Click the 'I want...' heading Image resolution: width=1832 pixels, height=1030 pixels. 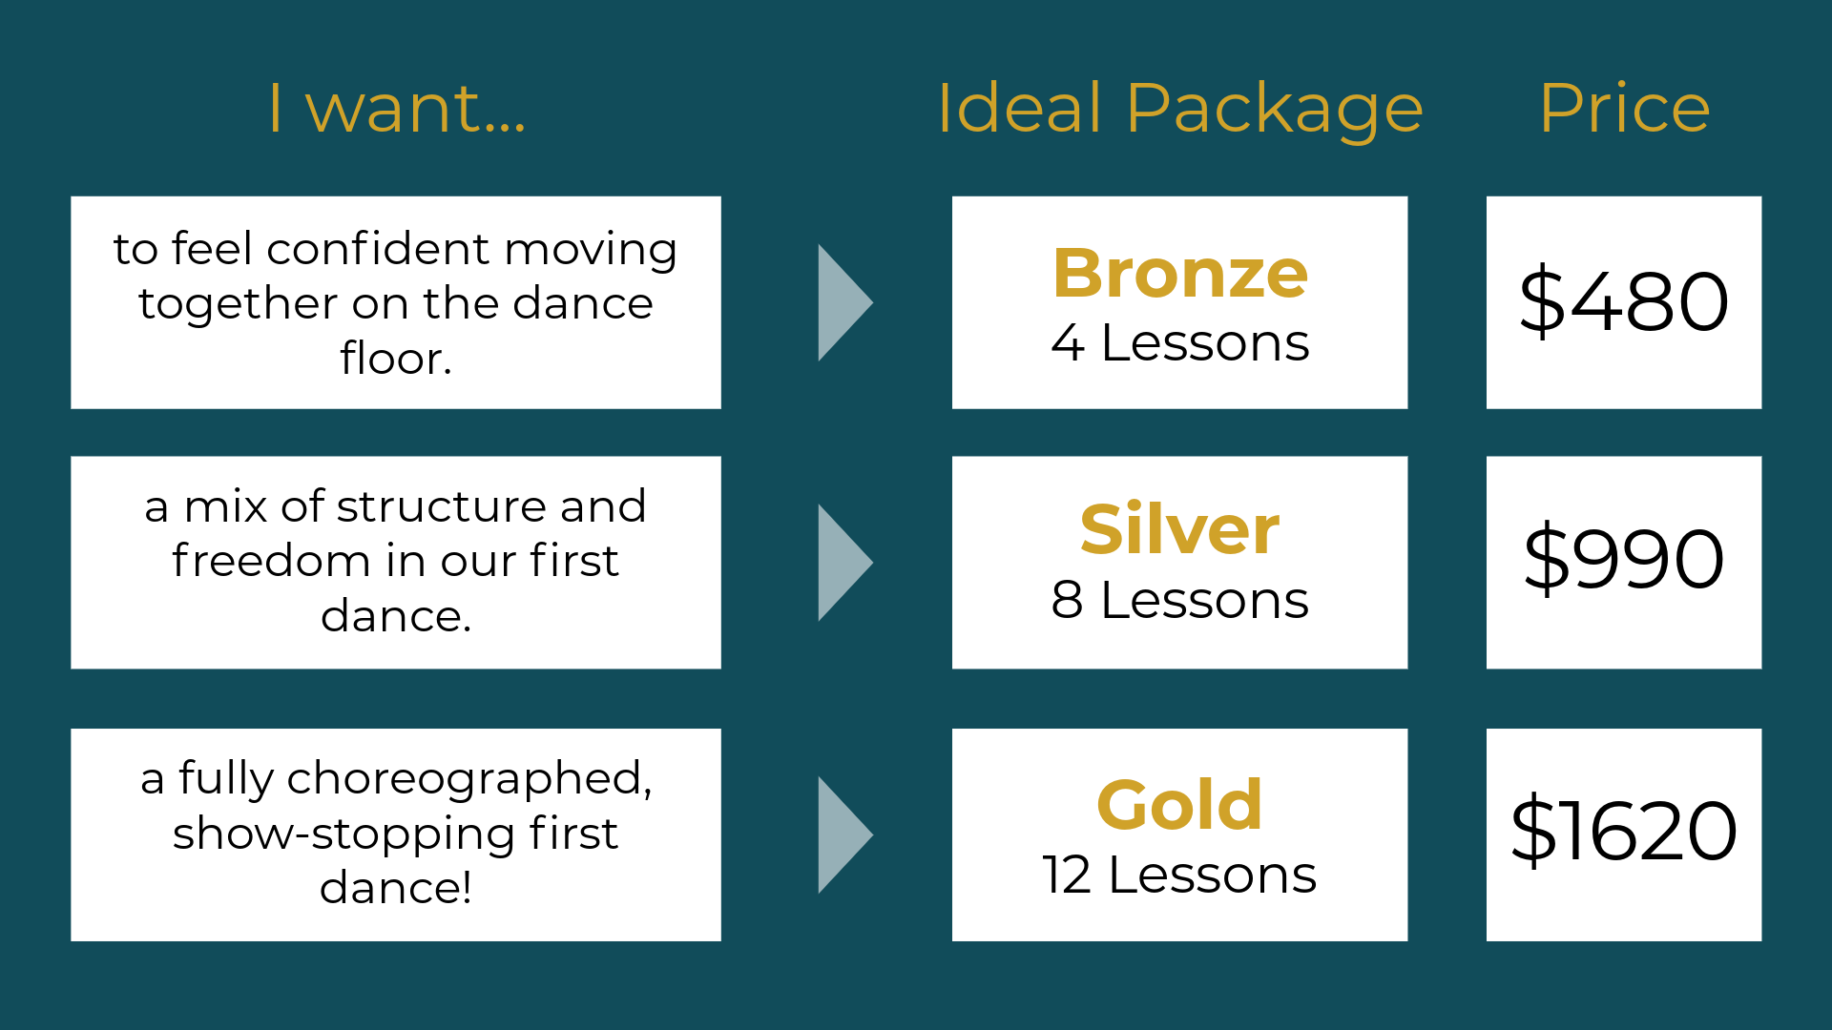(396, 108)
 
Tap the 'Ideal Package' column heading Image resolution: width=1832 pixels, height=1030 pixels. (1179, 108)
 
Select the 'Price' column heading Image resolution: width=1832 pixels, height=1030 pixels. (1624, 108)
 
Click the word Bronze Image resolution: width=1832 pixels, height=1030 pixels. (1179, 274)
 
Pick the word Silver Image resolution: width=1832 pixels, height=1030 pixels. (1179, 529)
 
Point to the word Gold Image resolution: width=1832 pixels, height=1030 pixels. (1179, 805)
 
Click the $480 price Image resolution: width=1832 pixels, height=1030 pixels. (1623, 302)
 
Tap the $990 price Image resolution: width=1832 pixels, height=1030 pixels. (1623, 560)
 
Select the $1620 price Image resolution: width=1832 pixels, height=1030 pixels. (1623, 832)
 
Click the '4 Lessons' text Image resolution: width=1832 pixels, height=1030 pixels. (1179, 342)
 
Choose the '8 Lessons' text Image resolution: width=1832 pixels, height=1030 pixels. (1179, 600)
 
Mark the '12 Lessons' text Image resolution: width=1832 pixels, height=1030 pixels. (1179, 875)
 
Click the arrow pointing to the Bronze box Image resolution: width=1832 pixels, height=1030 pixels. (843, 302)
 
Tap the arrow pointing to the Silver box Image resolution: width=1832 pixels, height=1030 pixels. (843, 563)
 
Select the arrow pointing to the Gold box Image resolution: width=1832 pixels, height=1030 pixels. (843, 834)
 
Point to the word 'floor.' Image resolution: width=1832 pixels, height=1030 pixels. (395, 359)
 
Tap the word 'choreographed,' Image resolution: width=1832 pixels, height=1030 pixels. (468, 779)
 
